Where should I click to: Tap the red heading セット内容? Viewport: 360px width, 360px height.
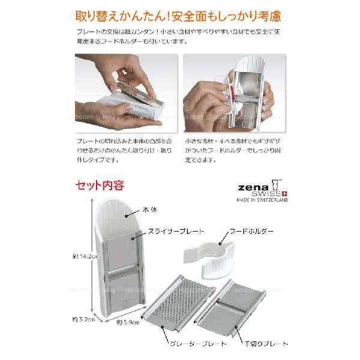point(99,185)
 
